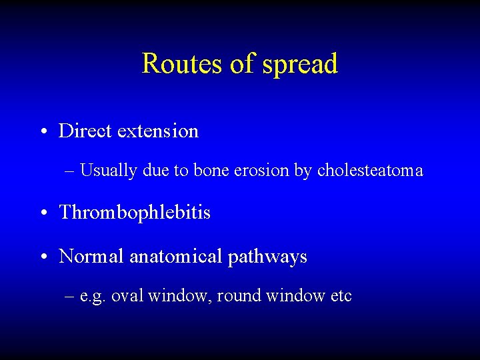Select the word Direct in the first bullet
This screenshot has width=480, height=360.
(x=85, y=131)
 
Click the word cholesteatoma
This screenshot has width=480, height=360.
(x=370, y=171)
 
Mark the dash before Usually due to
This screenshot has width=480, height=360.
(x=71, y=171)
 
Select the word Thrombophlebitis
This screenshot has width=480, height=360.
(x=135, y=213)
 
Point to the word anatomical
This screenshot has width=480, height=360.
(x=175, y=256)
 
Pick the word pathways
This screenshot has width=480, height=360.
(x=267, y=257)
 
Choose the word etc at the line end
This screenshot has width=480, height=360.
(x=341, y=296)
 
